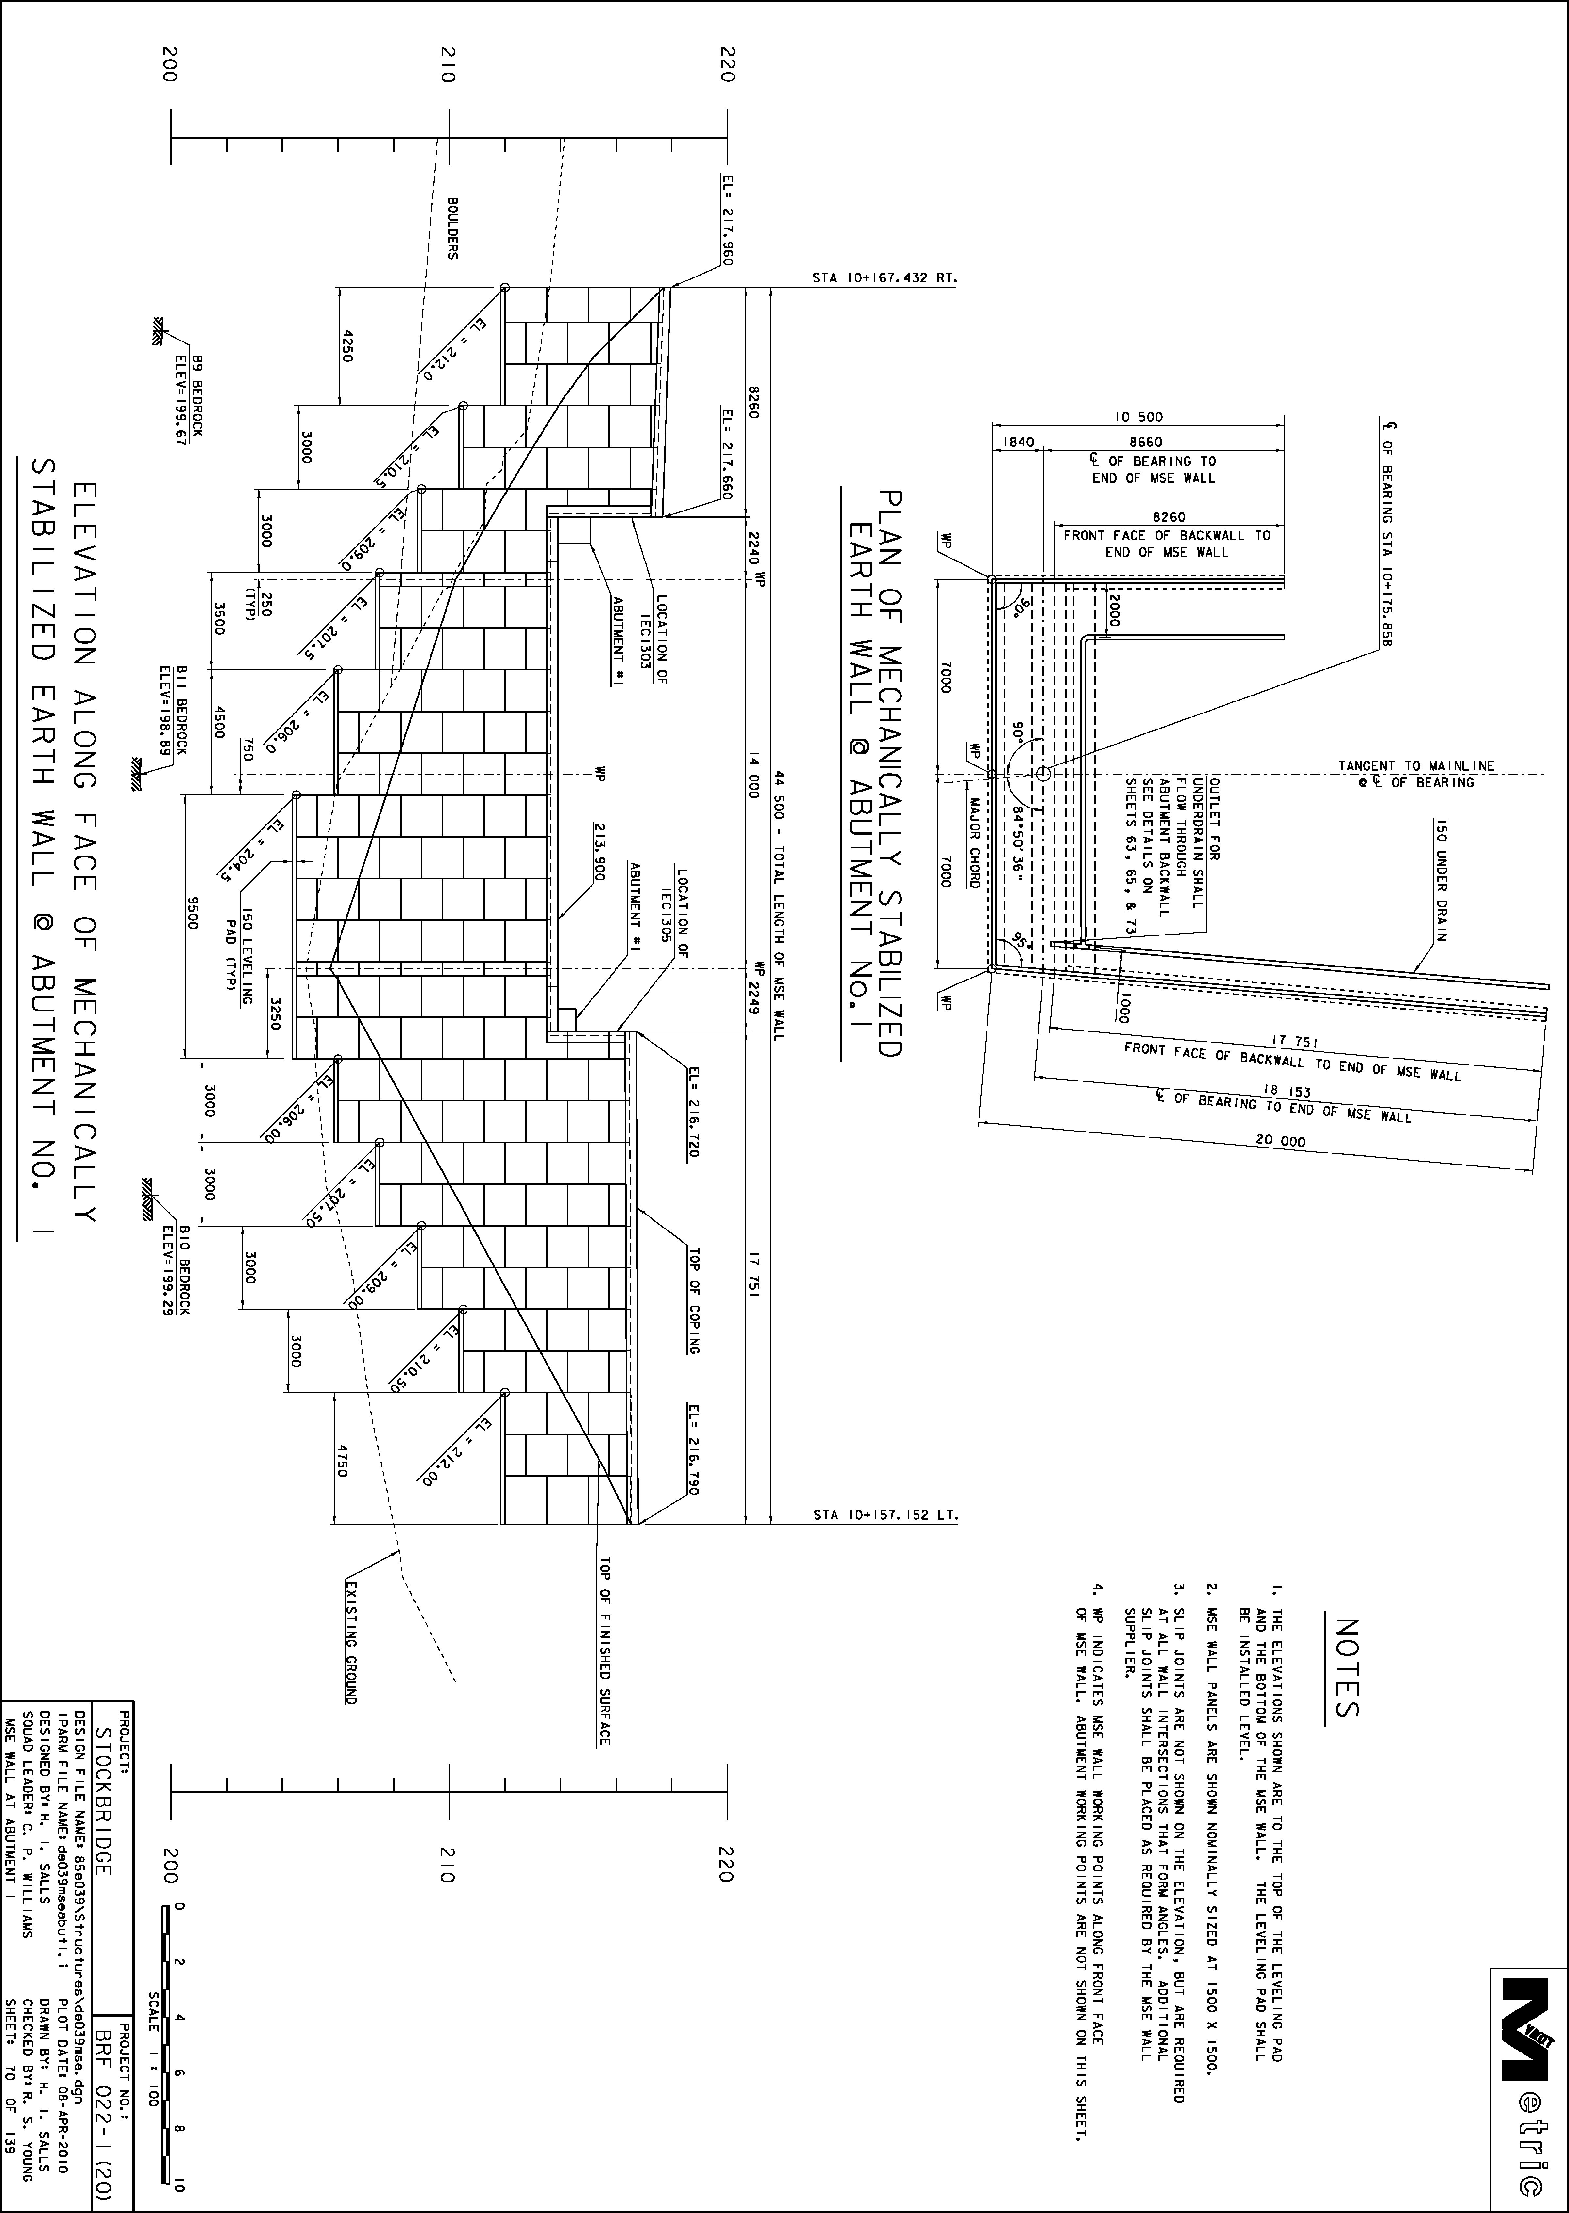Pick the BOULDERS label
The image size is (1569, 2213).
click(452, 228)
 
